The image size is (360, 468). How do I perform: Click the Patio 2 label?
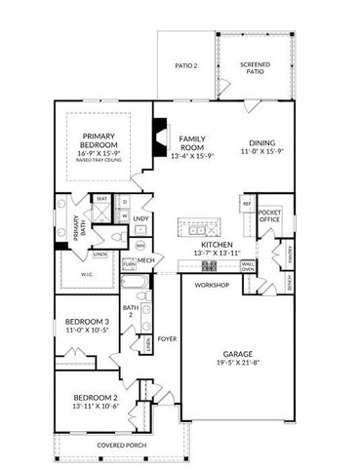(x=185, y=66)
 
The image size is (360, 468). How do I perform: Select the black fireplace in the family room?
(x=160, y=133)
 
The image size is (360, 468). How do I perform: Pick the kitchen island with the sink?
(x=199, y=228)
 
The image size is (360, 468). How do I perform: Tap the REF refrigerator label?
(x=247, y=204)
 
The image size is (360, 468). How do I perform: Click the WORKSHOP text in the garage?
(x=212, y=286)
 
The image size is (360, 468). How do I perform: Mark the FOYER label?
(x=168, y=340)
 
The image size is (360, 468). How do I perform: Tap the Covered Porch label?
(x=121, y=447)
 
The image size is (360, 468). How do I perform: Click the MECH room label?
(x=146, y=260)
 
